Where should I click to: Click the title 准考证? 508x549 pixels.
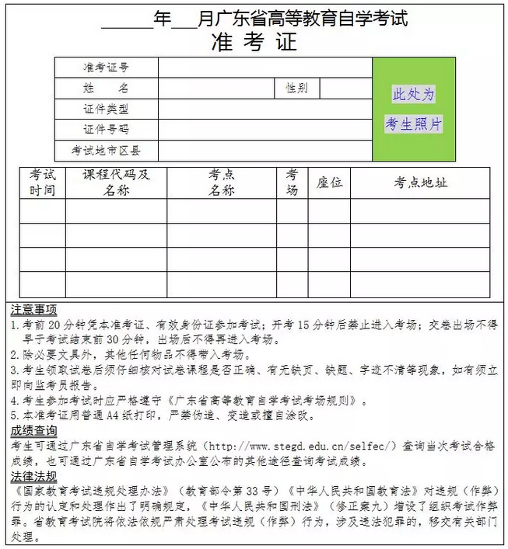click(x=254, y=43)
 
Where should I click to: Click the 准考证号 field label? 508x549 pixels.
click(x=107, y=68)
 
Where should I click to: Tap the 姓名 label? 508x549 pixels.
click(x=107, y=89)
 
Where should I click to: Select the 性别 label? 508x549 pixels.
click(x=296, y=89)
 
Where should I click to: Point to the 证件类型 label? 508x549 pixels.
click(x=107, y=109)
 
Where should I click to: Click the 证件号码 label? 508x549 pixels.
click(x=107, y=130)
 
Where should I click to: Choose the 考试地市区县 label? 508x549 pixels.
click(x=107, y=150)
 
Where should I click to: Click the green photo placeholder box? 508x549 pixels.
click(x=413, y=109)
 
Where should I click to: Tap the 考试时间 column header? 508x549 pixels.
click(x=43, y=182)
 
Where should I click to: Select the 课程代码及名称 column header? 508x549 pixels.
click(x=117, y=182)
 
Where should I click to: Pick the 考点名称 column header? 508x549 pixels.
click(x=222, y=182)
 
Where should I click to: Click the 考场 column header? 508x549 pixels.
click(x=292, y=182)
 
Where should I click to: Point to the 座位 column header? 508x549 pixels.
click(x=329, y=183)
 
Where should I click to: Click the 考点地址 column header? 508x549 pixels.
click(x=420, y=183)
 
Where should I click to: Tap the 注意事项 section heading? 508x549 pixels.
click(x=34, y=308)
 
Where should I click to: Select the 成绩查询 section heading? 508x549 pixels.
click(x=34, y=430)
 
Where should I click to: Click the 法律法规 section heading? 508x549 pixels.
click(x=34, y=475)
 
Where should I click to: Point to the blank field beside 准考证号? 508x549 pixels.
click(x=265, y=68)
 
